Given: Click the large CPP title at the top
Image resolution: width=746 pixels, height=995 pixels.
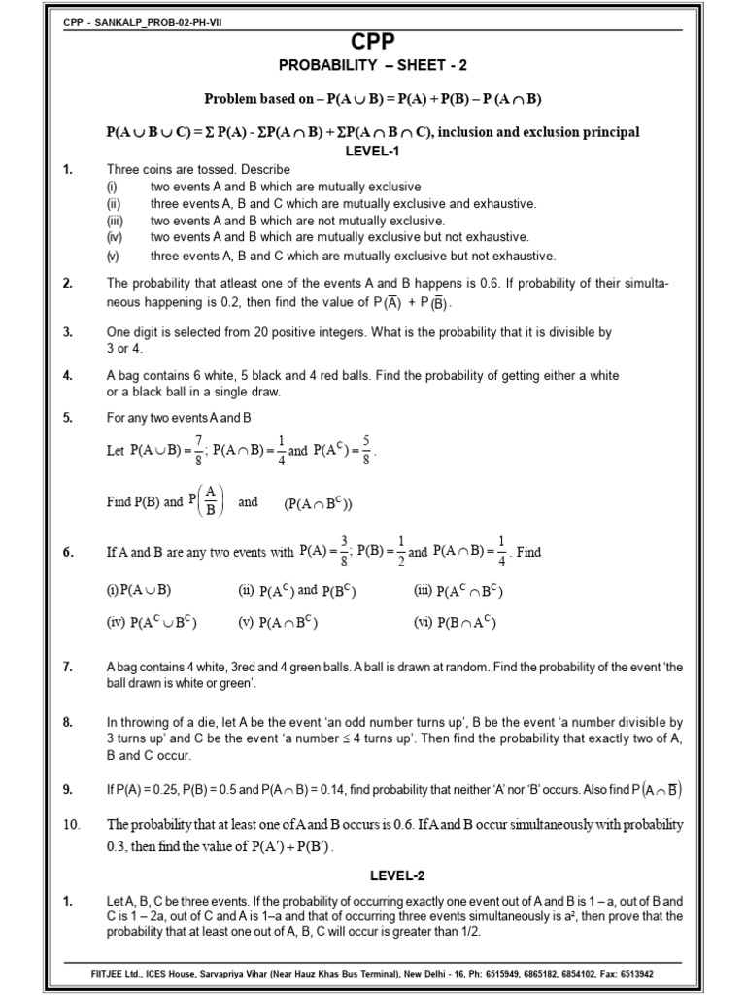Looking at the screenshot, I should click(x=374, y=40).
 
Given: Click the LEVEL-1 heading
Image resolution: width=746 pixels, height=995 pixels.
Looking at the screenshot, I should click(x=374, y=152).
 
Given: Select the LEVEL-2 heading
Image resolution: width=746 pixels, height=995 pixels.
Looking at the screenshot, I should click(x=374, y=875).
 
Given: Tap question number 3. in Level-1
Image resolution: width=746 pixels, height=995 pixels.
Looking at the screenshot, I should click(x=68, y=332).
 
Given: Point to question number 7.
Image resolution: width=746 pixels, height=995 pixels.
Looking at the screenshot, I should click(x=68, y=667).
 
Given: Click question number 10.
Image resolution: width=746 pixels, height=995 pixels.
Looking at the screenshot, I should click(x=70, y=824).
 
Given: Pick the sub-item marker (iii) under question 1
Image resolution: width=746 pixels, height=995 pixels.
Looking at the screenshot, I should click(x=113, y=221).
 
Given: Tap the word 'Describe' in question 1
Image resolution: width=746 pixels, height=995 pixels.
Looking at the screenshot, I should click(x=264, y=169).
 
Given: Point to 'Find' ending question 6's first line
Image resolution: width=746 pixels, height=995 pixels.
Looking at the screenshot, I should click(x=529, y=552).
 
